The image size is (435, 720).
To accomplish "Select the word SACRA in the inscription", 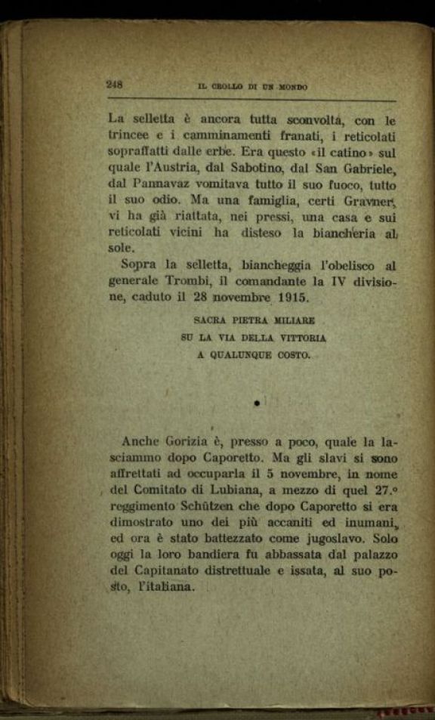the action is [212, 321].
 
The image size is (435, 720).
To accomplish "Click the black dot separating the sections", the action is [257, 404].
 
